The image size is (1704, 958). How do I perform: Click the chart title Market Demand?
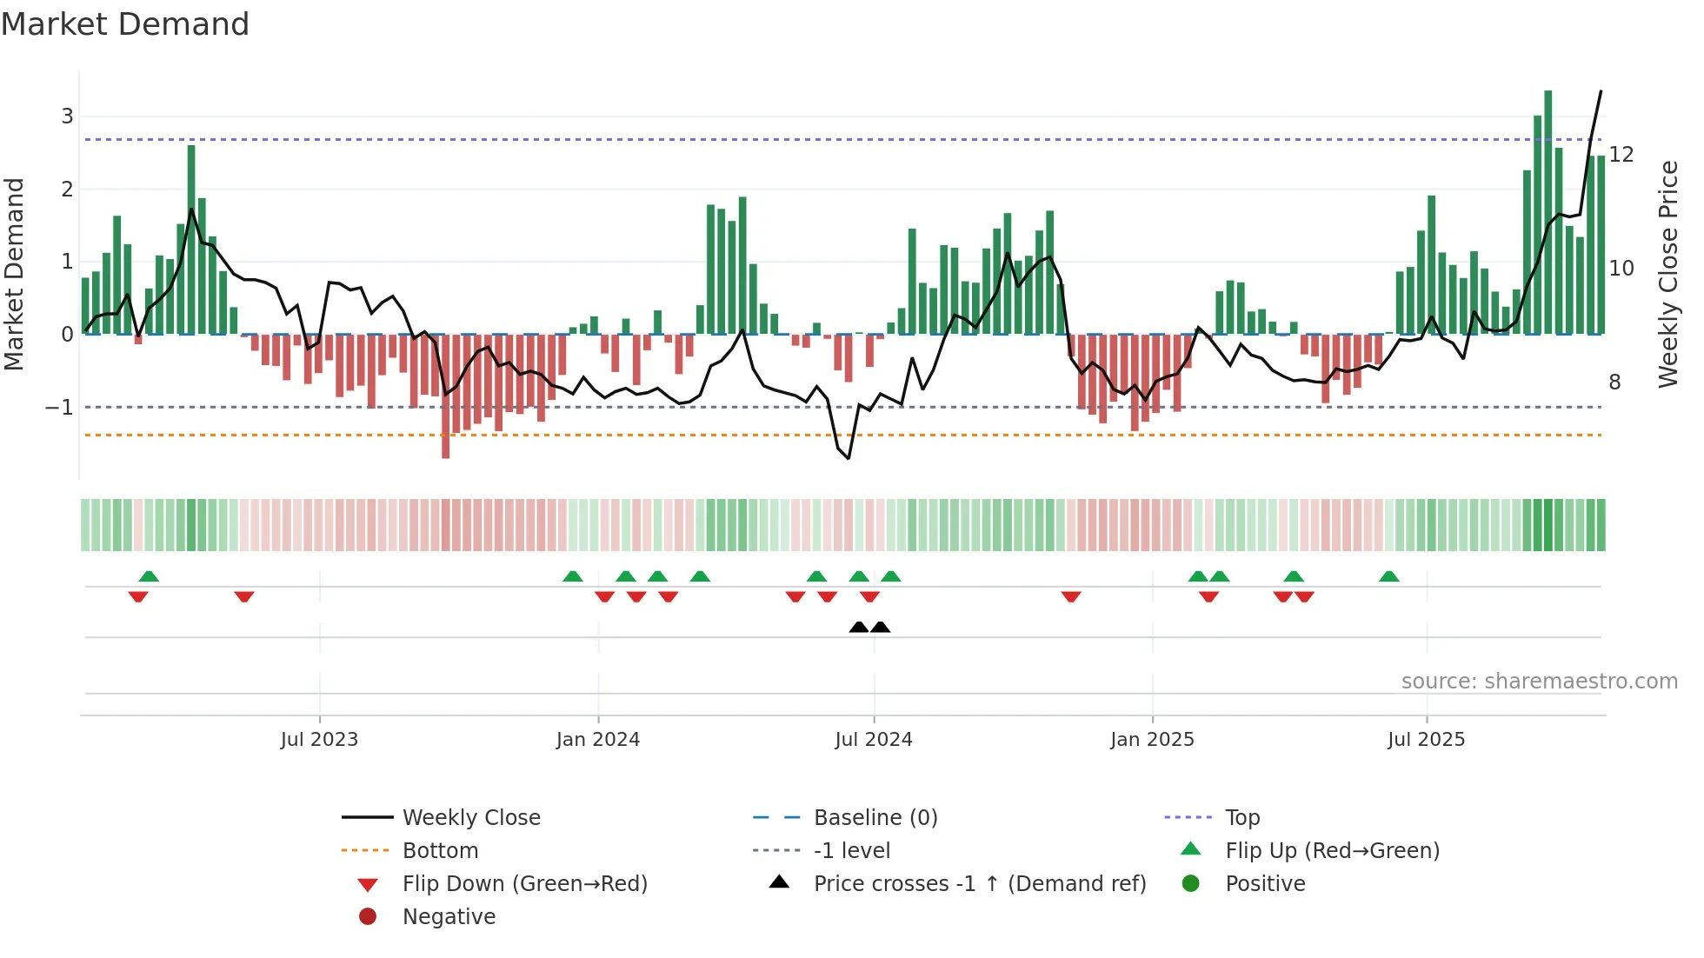click(125, 24)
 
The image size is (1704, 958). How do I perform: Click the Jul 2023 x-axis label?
click(319, 740)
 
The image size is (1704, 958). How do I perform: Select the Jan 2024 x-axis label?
click(598, 740)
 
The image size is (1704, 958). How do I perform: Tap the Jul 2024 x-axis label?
click(874, 740)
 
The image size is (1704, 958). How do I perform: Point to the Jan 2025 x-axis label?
click(1152, 740)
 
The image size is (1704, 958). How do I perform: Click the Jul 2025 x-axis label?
click(1426, 740)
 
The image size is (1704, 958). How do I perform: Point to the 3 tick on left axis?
click(67, 116)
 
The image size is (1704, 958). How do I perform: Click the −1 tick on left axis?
click(59, 408)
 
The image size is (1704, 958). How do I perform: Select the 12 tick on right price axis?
click(1621, 155)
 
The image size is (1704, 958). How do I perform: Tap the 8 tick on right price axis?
click(1614, 383)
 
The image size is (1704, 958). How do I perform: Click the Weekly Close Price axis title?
click(1667, 274)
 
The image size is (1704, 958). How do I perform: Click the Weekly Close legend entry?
click(470, 818)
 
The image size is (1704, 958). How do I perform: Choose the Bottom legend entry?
click(440, 851)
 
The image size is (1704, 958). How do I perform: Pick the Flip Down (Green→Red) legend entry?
click(524, 884)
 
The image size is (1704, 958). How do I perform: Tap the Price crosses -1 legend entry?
click(979, 884)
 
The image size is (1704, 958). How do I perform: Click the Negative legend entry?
click(449, 917)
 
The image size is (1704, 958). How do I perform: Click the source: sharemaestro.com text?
click(1539, 682)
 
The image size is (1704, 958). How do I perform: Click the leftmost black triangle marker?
click(858, 628)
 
